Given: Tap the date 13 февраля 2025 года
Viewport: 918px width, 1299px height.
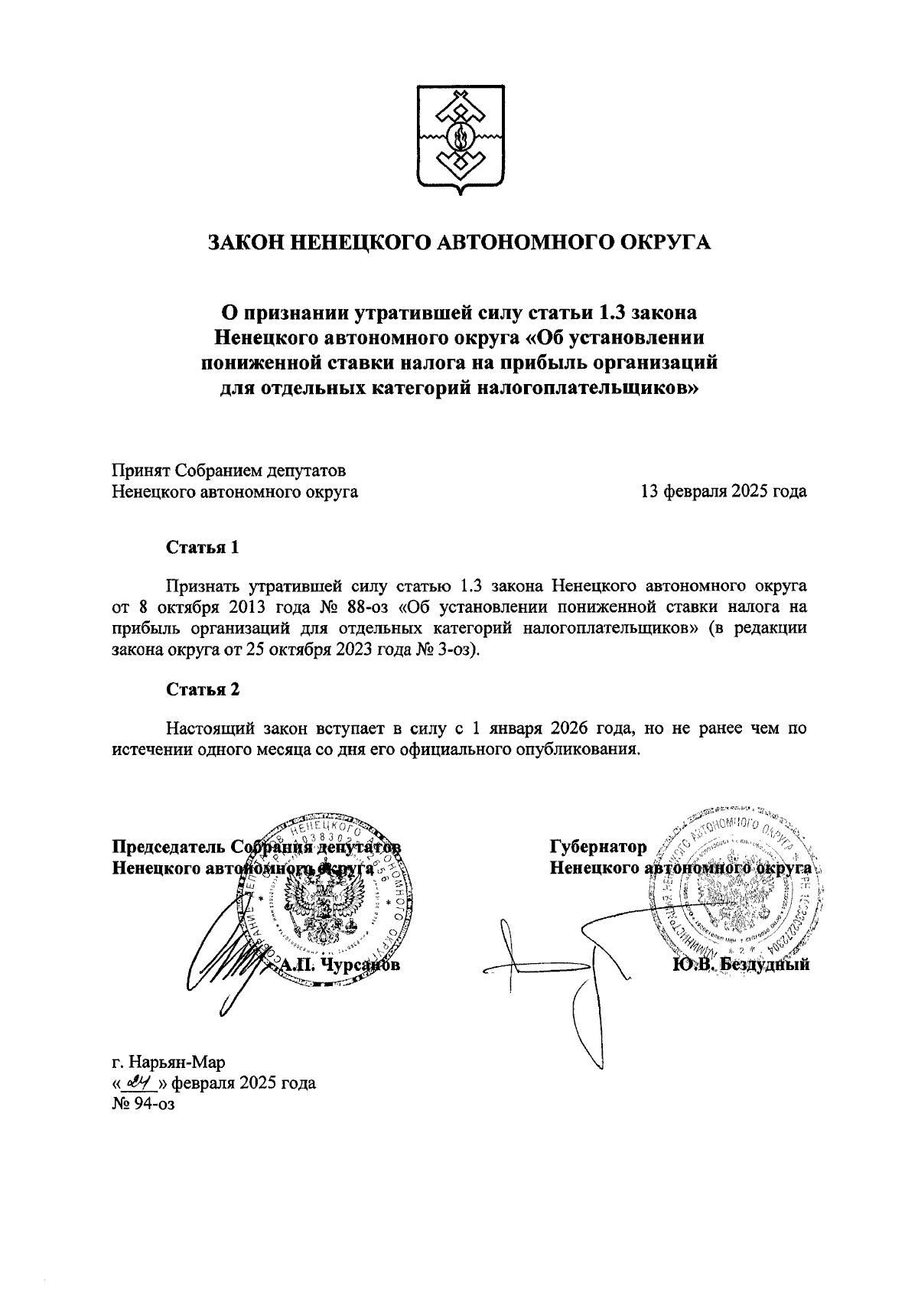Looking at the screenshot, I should tap(723, 492).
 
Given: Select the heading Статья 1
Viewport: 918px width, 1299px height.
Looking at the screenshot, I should tap(203, 548).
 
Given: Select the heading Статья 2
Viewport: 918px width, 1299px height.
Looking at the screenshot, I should tap(203, 689).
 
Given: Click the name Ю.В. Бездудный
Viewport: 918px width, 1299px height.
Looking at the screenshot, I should tap(741, 965).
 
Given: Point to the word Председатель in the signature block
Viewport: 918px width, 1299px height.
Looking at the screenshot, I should tap(168, 847).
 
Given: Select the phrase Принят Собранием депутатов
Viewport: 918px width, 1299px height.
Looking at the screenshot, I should tap(229, 470).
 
